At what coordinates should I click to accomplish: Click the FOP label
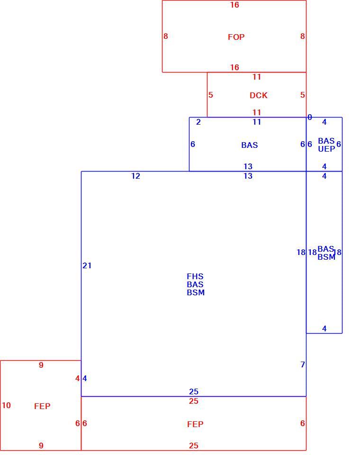click(236, 37)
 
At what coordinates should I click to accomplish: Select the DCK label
click(259, 95)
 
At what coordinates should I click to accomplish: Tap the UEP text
click(326, 149)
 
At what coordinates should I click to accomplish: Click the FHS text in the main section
click(195, 276)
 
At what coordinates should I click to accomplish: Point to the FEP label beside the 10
click(42, 406)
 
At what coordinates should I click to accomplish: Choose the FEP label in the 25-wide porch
click(195, 424)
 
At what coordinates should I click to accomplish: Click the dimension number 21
click(87, 265)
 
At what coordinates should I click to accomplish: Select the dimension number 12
click(135, 176)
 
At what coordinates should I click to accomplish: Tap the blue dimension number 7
click(303, 364)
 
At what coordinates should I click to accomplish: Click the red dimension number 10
click(6, 405)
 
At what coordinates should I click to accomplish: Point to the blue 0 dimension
click(310, 117)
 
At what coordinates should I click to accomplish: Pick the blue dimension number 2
click(198, 122)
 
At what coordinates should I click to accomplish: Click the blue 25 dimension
click(193, 391)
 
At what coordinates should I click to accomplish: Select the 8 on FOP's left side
click(165, 36)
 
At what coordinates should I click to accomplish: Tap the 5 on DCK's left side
click(211, 95)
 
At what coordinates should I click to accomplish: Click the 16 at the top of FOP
click(234, 5)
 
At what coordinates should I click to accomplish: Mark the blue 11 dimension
click(257, 122)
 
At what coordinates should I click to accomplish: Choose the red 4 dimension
click(78, 378)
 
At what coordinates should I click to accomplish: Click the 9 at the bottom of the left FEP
click(41, 446)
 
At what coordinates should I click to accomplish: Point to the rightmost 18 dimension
click(337, 252)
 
